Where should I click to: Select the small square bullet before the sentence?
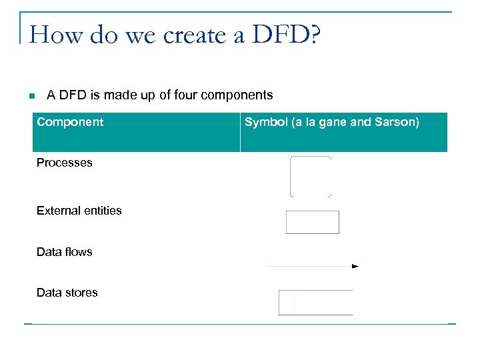[x=31, y=97]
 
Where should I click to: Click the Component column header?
[x=70, y=122]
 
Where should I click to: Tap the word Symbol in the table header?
[x=265, y=123]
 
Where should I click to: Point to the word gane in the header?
[x=333, y=123]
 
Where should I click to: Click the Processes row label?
[x=65, y=163]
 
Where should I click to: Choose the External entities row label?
[x=79, y=211]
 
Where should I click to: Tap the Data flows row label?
[x=65, y=252]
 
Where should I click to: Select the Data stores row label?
[x=67, y=293]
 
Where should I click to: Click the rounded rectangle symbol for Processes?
[x=311, y=177]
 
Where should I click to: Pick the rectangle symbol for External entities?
[x=312, y=222]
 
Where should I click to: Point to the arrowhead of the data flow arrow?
[x=355, y=266]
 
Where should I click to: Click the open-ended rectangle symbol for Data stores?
[x=315, y=303]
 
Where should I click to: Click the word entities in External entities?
[x=102, y=211]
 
